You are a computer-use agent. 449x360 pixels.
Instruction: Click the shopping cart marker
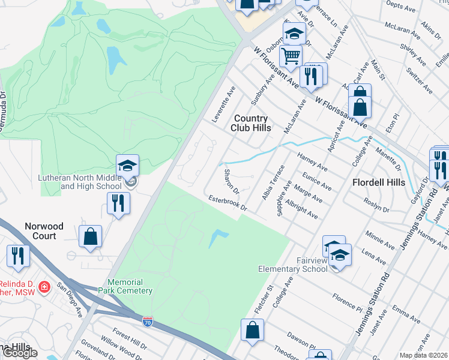coord(291,56)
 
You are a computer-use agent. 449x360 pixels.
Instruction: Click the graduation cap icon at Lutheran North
coord(127,165)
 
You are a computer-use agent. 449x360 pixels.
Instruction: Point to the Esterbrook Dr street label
coord(228,202)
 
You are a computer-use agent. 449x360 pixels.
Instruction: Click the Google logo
coord(20,353)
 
